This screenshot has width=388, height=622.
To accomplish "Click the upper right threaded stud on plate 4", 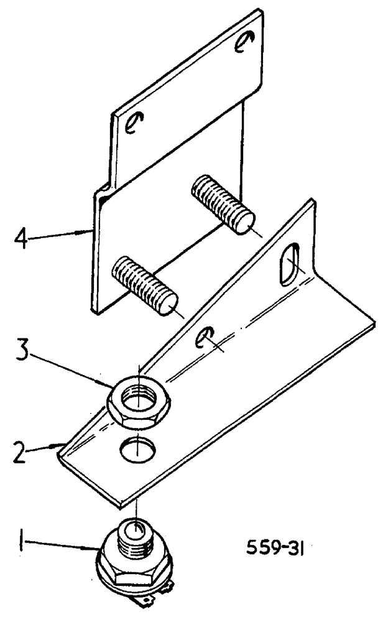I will [x=223, y=203].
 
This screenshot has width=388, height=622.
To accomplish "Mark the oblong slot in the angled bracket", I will [x=289, y=266].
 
